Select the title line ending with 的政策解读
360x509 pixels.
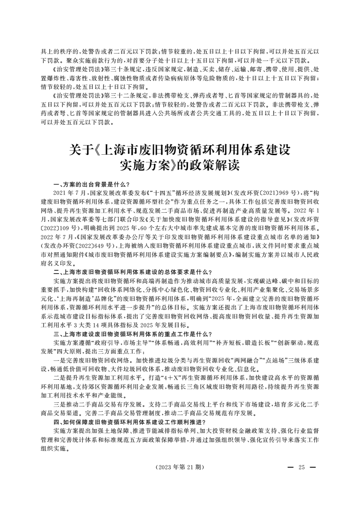180,166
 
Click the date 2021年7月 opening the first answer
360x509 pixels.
69,193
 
